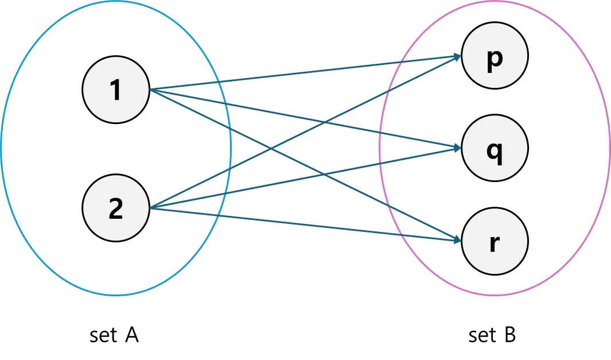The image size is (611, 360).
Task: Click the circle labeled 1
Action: coord(116,90)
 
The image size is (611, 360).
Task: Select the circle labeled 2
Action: coord(116,209)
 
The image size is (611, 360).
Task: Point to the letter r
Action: coord(495,241)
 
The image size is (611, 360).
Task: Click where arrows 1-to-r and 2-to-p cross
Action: coord(270,150)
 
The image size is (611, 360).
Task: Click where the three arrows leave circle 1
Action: coord(150,90)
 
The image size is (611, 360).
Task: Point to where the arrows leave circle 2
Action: coord(150,208)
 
